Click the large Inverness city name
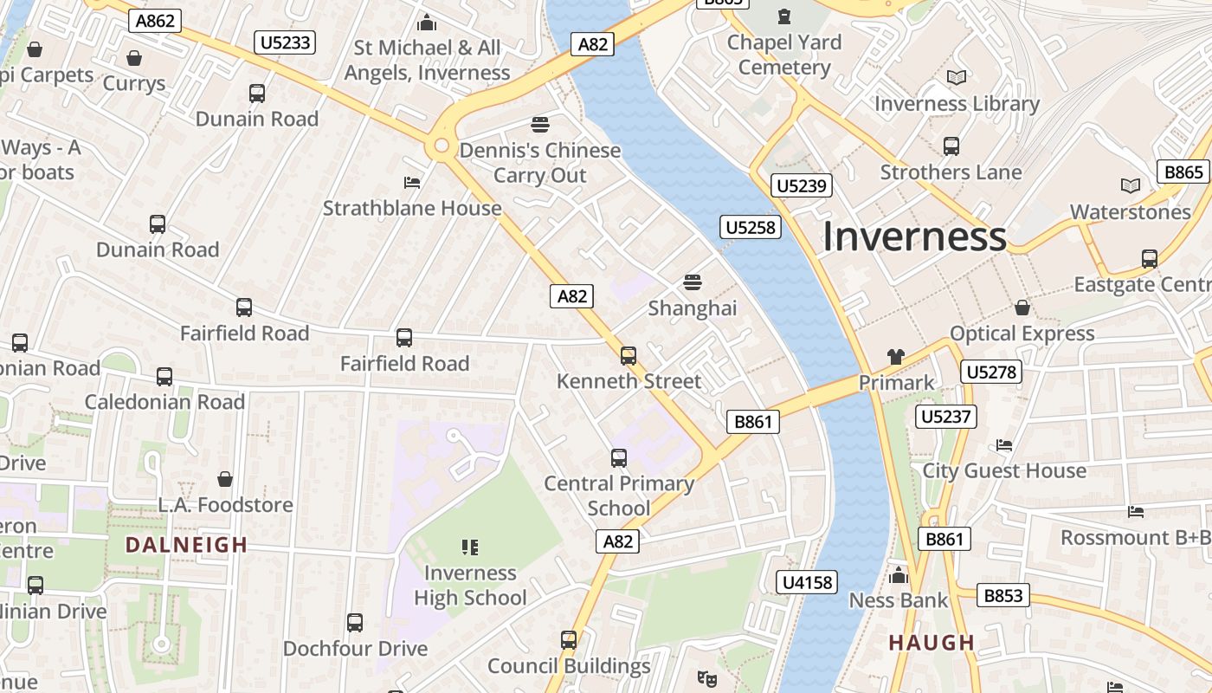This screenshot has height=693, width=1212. [914, 236]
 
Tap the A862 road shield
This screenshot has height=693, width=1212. [155, 22]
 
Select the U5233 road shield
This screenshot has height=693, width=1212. [285, 42]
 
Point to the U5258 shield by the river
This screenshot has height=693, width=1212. [751, 228]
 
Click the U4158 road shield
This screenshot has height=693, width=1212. [808, 582]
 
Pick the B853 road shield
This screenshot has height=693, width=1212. [1004, 595]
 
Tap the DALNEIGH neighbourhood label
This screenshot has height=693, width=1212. [186, 545]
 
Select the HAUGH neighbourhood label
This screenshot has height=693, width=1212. [932, 643]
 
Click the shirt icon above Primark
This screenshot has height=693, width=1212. [895, 356]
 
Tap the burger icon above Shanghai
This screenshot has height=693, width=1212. [692, 282]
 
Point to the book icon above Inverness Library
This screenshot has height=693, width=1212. [956, 78]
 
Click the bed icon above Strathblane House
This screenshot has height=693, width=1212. [412, 183]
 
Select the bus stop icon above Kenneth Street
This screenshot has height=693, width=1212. [629, 355]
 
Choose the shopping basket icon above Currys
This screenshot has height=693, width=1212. [134, 58]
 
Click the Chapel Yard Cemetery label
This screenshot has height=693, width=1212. [784, 54]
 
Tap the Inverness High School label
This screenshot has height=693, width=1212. [470, 585]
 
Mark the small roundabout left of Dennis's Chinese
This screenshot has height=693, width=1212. [442, 146]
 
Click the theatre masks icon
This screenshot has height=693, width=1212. [707, 678]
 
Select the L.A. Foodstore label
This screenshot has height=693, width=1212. [225, 504]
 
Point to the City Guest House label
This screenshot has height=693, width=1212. [1004, 470]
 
